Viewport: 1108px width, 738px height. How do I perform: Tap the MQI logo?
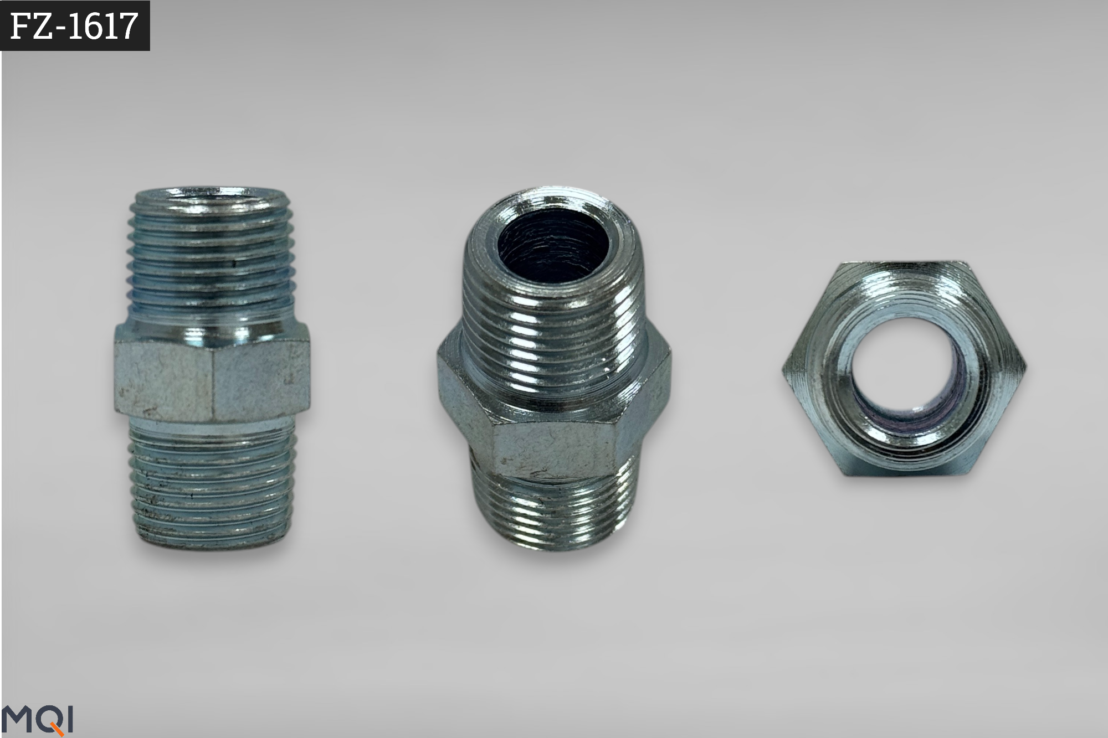(37, 720)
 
